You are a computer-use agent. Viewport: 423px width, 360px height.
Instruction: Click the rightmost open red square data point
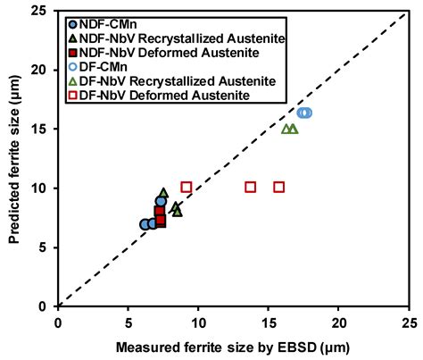coord(279,187)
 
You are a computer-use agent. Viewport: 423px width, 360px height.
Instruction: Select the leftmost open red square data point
coord(187,187)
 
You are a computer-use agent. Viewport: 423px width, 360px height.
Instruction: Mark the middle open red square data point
coord(251,187)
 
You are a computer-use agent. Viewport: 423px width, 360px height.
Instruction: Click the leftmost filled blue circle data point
coord(145,224)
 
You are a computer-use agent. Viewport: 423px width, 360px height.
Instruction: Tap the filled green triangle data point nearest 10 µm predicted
coord(163,193)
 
